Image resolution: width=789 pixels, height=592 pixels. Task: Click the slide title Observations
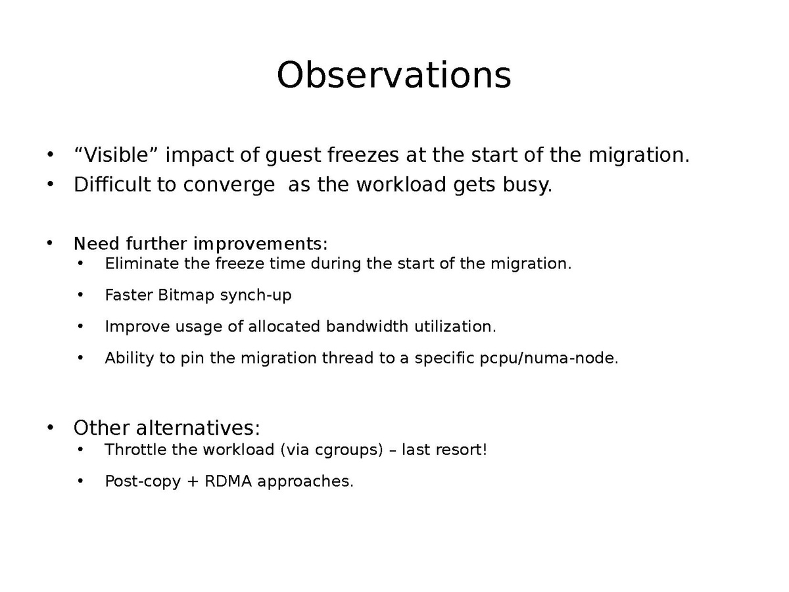click(394, 75)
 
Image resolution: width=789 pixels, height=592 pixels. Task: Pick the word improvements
click(260, 244)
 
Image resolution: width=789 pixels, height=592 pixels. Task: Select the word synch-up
click(256, 295)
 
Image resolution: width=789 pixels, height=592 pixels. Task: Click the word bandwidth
click(367, 326)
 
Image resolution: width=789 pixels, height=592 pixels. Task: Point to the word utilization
click(455, 326)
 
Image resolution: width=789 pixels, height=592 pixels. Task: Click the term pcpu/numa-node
click(549, 358)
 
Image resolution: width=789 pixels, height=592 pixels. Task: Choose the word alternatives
click(198, 428)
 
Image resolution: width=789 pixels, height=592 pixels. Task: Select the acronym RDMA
click(228, 481)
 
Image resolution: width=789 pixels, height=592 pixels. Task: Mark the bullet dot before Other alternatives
click(50, 428)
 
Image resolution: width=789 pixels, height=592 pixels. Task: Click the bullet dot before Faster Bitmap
click(80, 295)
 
